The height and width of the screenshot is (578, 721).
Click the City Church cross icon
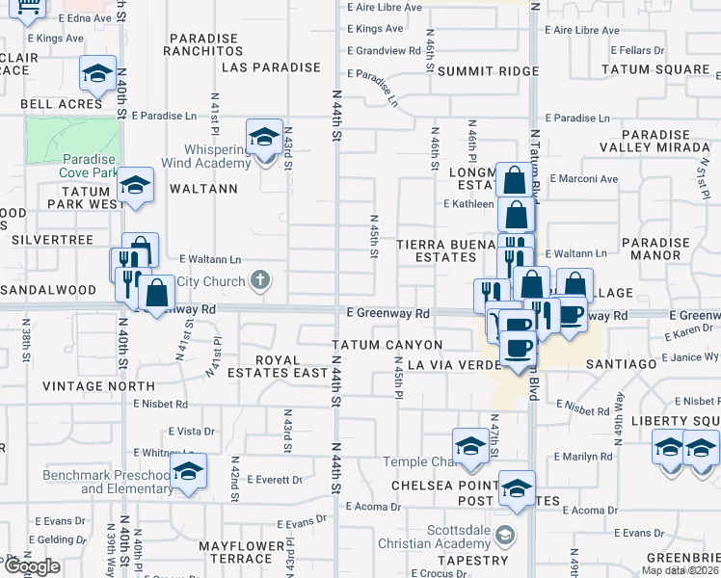point(258,281)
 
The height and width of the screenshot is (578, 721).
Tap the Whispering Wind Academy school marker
point(263,137)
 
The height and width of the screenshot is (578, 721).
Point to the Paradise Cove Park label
point(89,166)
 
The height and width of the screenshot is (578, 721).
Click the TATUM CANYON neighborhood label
point(387,345)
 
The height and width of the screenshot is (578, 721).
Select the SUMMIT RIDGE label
point(488,71)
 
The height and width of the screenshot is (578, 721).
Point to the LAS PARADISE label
point(270,67)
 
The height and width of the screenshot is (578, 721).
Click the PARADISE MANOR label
point(655,250)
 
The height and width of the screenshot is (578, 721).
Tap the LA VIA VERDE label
point(451,365)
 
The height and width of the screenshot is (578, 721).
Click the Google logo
point(31,566)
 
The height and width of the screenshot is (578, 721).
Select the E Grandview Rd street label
point(384,50)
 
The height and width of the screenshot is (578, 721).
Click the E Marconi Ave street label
point(583,178)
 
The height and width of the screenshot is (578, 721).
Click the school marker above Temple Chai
point(470,445)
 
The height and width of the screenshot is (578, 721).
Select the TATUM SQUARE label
point(655,69)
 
